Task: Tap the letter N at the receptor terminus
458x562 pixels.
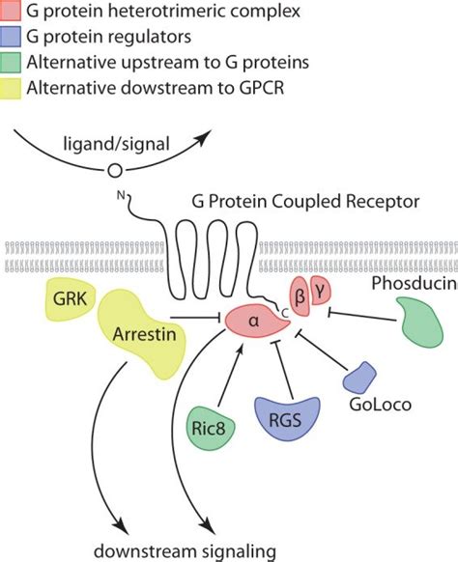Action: [x=122, y=199]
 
